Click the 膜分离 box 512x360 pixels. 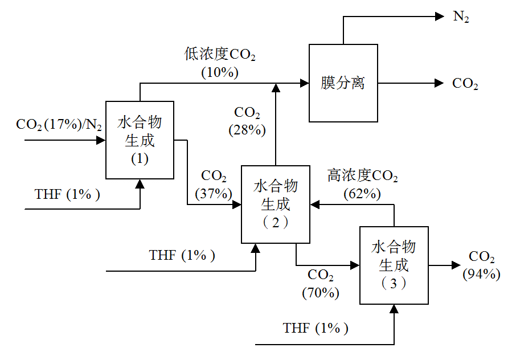(x=343, y=83)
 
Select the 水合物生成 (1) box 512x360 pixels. (x=140, y=140)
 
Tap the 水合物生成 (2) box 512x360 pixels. (x=276, y=204)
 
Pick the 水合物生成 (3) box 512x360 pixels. (x=394, y=265)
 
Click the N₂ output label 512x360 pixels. (x=462, y=17)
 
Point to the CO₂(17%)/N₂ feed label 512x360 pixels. (x=59, y=124)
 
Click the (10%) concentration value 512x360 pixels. (x=220, y=72)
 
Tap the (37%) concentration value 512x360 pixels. (x=214, y=193)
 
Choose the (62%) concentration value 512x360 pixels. (x=362, y=193)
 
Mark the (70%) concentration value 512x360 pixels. (x=321, y=293)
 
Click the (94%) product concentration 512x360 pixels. (x=482, y=274)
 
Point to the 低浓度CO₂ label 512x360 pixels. (x=220, y=55)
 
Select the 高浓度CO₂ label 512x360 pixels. (x=363, y=176)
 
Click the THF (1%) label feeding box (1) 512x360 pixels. (x=68, y=194)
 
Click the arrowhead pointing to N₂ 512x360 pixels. (x=440, y=17)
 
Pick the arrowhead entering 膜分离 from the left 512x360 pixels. (x=305, y=83)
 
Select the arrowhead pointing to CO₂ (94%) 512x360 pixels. (x=456, y=265)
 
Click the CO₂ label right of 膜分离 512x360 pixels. (x=465, y=84)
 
